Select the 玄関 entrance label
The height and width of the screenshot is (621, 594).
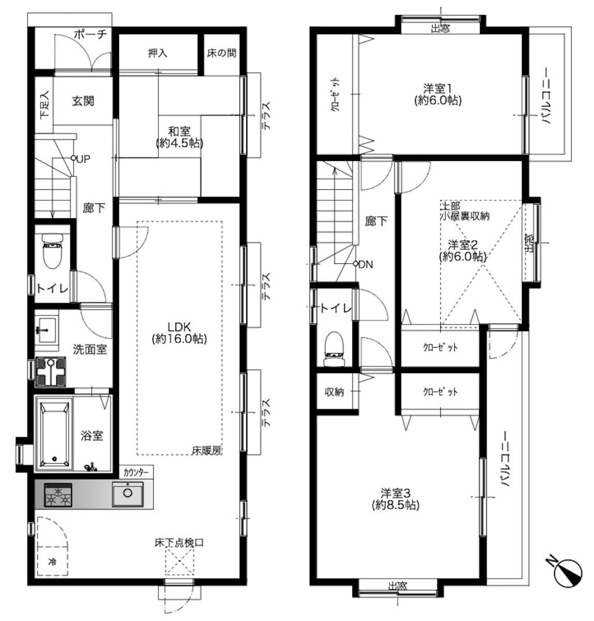pyautogui.click(x=83, y=101)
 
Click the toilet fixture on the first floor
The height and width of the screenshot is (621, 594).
pyautogui.click(x=52, y=251)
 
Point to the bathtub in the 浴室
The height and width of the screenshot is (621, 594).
pyautogui.click(x=54, y=434)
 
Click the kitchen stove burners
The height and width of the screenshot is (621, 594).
pyautogui.click(x=58, y=495)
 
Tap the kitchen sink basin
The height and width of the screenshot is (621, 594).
pyautogui.click(x=128, y=494)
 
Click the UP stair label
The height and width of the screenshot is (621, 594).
pyautogui.click(x=83, y=158)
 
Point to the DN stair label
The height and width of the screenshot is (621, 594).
pyautogui.click(x=366, y=264)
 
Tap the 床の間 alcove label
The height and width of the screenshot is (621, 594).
pyautogui.click(x=221, y=53)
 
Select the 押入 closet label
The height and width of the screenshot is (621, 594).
pyautogui.click(x=158, y=53)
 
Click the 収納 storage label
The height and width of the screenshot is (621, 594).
pyautogui.click(x=334, y=392)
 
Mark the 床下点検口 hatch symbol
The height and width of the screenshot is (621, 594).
pyautogui.click(x=179, y=560)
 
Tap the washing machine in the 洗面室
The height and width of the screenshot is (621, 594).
pyautogui.click(x=50, y=372)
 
